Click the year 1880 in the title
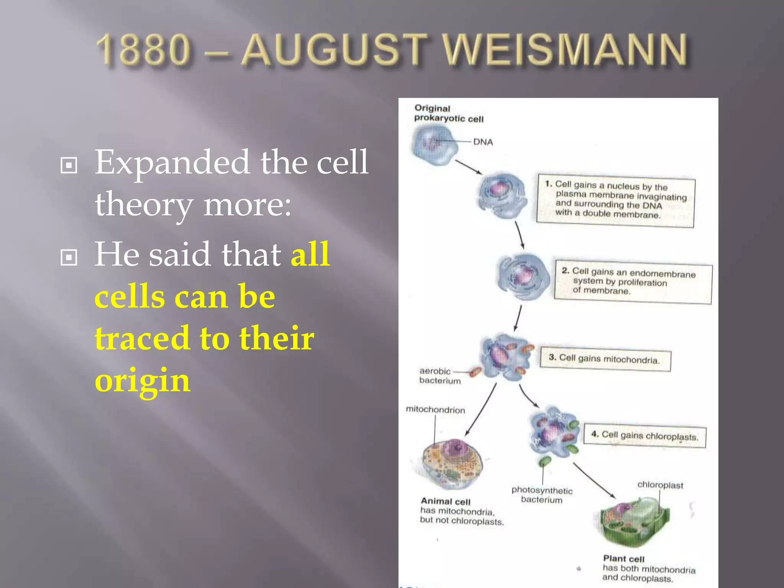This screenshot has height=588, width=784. click(143, 50)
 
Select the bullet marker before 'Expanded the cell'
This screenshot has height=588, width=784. click(69, 165)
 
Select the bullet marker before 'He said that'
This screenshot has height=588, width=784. click(69, 257)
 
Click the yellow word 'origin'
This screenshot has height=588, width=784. click(142, 381)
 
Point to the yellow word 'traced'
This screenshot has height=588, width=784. click(142, 338)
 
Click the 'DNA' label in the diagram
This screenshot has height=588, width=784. click(483, 142)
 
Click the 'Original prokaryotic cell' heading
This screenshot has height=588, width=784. click(448, 114)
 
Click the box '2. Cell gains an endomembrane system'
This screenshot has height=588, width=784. click(633, 282)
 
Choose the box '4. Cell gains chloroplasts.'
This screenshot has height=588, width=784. click(645, 436)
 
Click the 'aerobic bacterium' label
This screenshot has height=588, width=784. click(439, 376)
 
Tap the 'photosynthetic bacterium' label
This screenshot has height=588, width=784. click(542, 495)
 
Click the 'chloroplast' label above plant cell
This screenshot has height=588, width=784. click(660, 485)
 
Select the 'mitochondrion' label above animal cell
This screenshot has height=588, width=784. click(435, 410)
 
